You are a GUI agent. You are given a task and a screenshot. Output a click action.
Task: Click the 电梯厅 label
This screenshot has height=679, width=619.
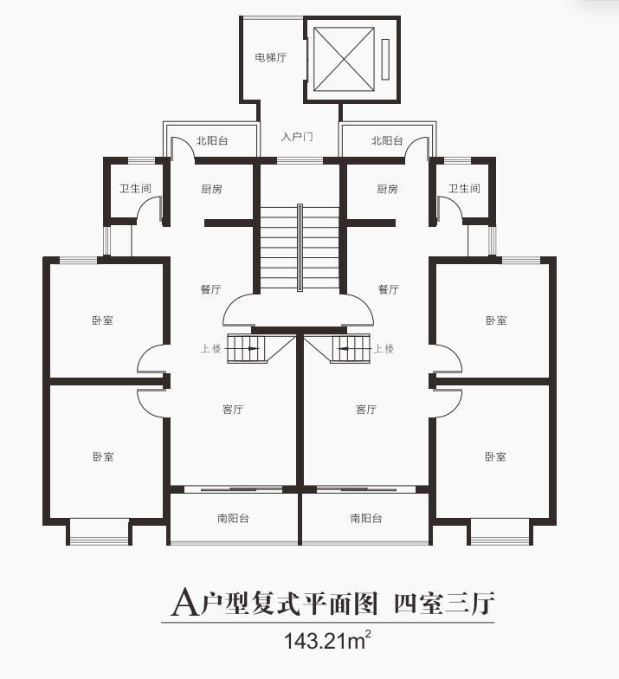(x=270, y=57)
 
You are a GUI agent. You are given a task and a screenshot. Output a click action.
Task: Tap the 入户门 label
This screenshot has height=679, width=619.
(x=297, y=137)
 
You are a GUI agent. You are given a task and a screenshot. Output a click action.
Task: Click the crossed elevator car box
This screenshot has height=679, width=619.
(x=344, y=59)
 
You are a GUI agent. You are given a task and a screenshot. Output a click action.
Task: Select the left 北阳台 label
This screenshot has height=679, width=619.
(x=212, y=140)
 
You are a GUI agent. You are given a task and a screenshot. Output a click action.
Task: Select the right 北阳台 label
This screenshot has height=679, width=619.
(x=388, y=140)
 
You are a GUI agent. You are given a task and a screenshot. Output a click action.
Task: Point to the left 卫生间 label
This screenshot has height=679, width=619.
(x=135, y=189)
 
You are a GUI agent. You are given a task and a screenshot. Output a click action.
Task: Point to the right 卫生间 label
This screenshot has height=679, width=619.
(x=464, y=189)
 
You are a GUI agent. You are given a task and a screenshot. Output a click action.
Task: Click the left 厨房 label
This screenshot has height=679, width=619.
(x=211, y=189)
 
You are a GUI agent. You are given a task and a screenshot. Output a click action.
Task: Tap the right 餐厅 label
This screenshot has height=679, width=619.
(x=388, y=289)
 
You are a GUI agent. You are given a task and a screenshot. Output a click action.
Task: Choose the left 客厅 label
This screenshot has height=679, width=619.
(x=233, y=409)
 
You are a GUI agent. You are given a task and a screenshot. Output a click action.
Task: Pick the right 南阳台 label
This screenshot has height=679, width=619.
(x=366, y=518)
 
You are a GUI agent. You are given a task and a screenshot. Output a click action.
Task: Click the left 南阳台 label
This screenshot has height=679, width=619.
(x=233, y=518)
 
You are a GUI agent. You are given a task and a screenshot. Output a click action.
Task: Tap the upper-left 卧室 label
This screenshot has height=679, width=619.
(x=102, y=320)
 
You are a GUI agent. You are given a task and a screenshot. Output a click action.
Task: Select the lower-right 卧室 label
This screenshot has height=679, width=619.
(x=495, y=457)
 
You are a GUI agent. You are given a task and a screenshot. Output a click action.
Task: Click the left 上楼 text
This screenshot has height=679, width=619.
(x=211, y=348)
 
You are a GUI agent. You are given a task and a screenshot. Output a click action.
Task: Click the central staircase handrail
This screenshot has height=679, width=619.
(x=300, y=248)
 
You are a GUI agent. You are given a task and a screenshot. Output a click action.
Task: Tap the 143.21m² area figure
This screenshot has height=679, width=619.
(x=327, y=641)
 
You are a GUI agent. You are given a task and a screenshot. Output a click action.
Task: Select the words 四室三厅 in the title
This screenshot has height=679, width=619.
(x=443, y=603)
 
